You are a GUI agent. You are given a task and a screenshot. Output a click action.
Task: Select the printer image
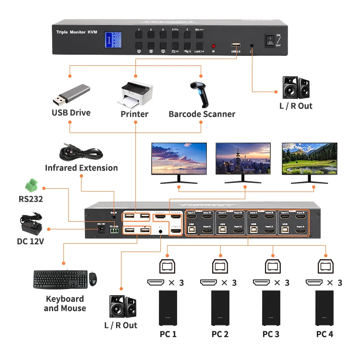coord(137,95)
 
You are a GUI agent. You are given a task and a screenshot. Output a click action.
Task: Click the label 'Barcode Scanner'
coord(202,114)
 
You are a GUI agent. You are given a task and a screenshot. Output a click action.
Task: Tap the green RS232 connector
coord(32,185)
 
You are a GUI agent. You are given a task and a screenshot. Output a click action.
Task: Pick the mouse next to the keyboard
coord(93,278)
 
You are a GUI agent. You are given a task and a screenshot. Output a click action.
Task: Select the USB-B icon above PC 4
coord(324,265)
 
